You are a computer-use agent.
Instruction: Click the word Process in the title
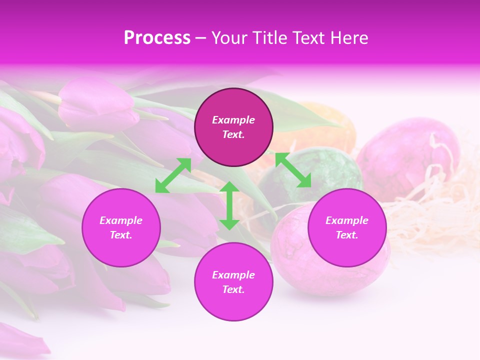coord(157,38)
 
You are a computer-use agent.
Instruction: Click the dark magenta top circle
coord(233,127)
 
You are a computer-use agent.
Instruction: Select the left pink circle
coord(121,228)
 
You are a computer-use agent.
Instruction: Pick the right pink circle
coord(347,228)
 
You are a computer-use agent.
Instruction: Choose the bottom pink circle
coord(233,282)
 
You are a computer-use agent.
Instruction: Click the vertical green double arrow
coord(229,205)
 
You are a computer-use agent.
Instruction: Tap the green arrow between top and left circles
coord(173,175)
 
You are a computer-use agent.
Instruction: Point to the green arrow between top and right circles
coord(293,170)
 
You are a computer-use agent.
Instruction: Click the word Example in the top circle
coord(233,120)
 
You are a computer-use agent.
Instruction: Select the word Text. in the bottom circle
coord(233,289)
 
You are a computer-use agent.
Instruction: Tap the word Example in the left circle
coord(121,220)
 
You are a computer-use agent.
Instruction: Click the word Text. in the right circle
coord(347,235)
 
